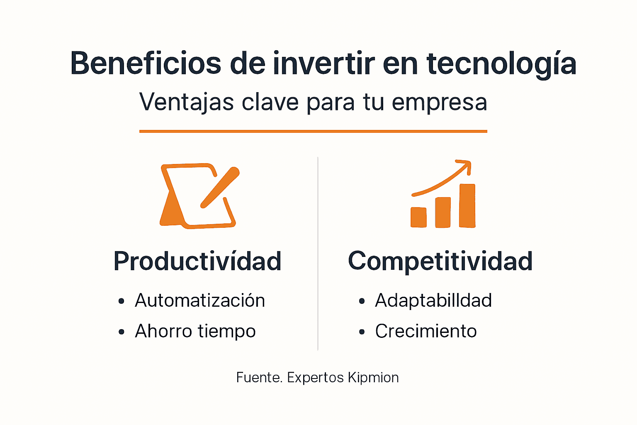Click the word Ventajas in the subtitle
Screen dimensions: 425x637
click(187, 102)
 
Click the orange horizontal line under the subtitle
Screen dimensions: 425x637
click(313, 131)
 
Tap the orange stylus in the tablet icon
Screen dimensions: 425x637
click(220, 187)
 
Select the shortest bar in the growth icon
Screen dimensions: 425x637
click(418, 217)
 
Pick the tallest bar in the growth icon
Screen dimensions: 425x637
click(467, 205)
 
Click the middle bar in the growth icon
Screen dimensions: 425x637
click(443, 212)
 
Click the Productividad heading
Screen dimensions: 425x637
click(197, 261)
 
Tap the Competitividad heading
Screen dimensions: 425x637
click(440, 261)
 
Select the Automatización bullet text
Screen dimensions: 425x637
click(200, 300)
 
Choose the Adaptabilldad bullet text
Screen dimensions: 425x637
click(433, 300)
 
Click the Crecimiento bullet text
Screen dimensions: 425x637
click(426, 331)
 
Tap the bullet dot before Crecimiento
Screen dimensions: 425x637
click(362, 332)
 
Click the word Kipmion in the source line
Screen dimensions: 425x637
click(373, 378)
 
